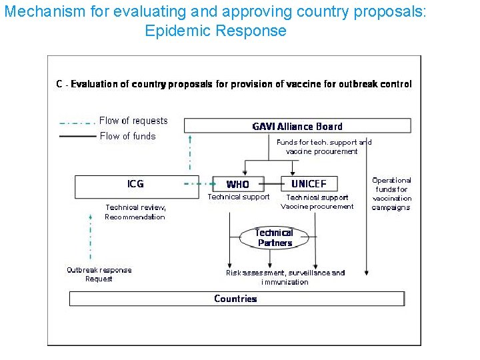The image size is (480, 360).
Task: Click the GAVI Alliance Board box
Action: (x=297, y=126)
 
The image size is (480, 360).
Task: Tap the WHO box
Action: (x=237, y=184)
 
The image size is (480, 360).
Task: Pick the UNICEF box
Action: (x=309, y=183)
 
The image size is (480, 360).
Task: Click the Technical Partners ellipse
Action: (x=274, y=237)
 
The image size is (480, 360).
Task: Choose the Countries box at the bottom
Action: (x=237, y=299)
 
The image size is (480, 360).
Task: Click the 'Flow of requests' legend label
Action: (x=133, y=121)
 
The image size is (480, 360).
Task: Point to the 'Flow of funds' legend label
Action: (x=127, y=136)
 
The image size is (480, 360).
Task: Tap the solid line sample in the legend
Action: (x=77, y=136)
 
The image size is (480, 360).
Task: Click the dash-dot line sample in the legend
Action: (x=77, y=122)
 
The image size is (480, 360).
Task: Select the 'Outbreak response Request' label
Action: (x=99, y=275)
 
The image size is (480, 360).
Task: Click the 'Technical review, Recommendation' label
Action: (x=135, y=212)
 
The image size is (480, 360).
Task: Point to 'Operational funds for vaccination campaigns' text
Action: (x=391, y=193)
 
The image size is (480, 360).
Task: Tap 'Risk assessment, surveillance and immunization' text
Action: (x=285, y=277)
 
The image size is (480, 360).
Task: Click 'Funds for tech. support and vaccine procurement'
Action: (x=323, y=147)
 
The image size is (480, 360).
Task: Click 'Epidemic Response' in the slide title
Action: (x=215, y=31)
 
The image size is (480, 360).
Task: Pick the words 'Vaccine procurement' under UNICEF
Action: (x=317, y=207)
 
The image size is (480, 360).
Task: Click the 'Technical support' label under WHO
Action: (x=239, y=197)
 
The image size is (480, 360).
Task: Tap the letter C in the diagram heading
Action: (x=59, y=85)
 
